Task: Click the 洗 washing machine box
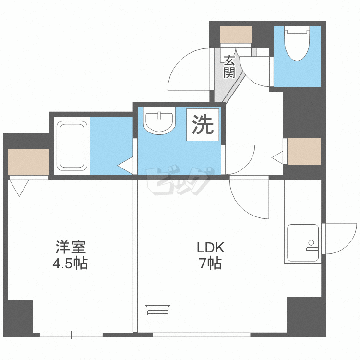click(203, 125)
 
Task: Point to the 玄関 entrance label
click(229, 67)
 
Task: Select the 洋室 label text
click(71, 248)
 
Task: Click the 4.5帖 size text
click(71, 264)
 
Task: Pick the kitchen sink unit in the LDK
click(302, 242)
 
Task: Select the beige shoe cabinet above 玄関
click(236, 34)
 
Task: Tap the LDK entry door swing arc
click(247, 197)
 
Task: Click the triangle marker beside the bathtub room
click(126, 166)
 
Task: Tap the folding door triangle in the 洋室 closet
click(19, 187)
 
